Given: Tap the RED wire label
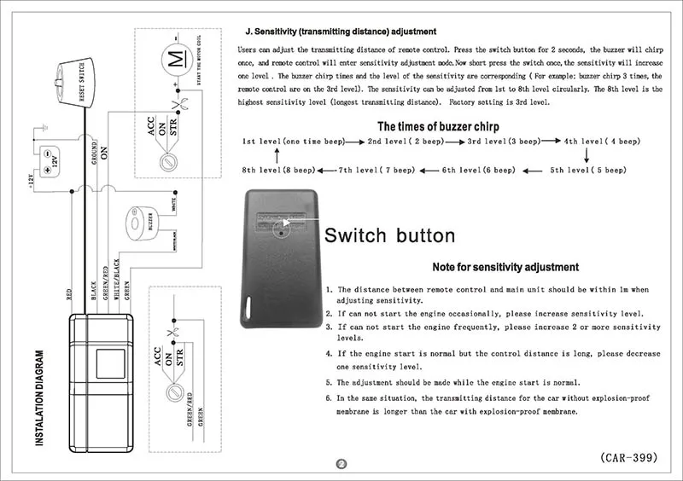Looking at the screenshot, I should (x=69, y=294).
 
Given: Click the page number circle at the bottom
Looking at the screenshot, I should (x=341, y=464).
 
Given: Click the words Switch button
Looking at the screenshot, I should (x=390, y=235).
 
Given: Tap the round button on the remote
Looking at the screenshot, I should (x=281, y=230).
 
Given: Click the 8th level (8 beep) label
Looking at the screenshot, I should (x=278, y=171).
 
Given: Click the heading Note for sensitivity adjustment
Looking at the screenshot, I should (x=505, y=267).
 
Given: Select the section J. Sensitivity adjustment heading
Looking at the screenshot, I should (x=340, y=32).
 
